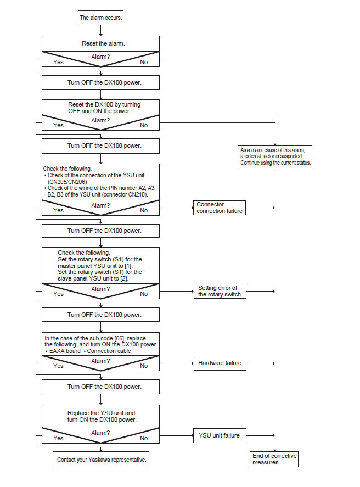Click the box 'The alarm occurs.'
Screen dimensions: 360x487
point(100,18)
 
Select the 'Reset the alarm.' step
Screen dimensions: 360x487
point(100,43)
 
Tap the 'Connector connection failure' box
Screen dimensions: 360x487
point(220,208)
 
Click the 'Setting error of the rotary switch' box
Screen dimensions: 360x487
point(220,292)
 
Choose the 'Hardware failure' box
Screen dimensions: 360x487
point(220,363)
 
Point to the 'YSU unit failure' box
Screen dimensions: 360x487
point(220,435)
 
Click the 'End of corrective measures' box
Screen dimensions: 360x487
point(274,459)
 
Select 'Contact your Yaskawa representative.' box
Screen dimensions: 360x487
point(101,460)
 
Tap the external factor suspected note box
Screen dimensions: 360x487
point(275,156)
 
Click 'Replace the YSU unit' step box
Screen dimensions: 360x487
point(100,416)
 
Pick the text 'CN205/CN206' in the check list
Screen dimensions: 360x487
point(67,182)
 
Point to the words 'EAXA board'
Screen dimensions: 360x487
point(65,351)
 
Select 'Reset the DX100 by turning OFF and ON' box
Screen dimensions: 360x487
point(100,108)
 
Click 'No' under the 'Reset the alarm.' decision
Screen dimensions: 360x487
point(144,62)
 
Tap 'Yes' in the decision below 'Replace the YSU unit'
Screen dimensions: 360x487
point(58,438)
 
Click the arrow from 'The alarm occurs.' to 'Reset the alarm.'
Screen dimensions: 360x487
point(100,30)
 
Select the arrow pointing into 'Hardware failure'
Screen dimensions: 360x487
point(177,363)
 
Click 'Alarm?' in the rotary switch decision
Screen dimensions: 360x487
point(100,289)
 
